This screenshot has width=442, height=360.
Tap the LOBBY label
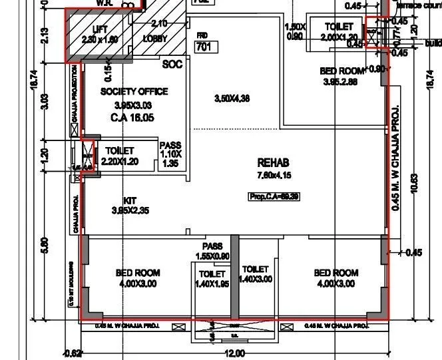point(155,39)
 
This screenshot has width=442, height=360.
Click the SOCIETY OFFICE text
point(134,91)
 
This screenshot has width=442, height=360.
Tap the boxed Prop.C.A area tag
point(274,197)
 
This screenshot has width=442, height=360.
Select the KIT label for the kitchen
point(130,200)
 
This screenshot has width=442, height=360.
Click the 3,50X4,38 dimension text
point(232,98)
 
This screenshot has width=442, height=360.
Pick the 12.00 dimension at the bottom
point(234,353)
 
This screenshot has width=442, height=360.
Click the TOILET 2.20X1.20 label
point(120,156)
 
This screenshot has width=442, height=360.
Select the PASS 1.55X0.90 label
point(212,252)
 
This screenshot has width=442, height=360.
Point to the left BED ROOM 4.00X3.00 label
point(138,278)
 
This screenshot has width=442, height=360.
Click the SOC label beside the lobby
point(172,65)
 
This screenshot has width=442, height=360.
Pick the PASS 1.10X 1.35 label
point(170,154)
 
